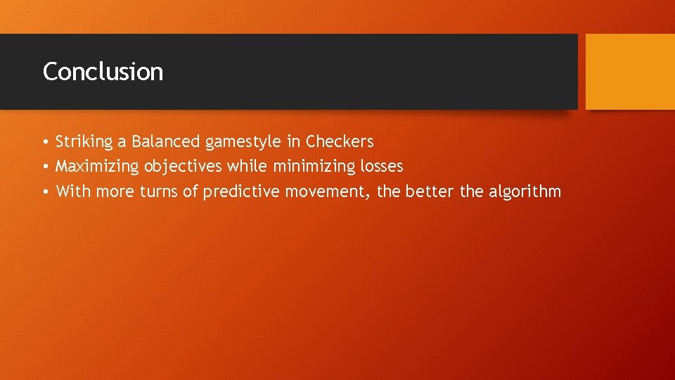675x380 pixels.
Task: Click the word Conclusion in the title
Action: point(103,72)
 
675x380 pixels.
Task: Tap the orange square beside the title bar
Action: point(630,72)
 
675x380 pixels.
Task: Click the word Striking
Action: point(84,142)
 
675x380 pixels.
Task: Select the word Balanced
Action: point(166,142)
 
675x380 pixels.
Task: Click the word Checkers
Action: point(340,142)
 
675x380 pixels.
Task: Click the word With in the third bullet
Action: point(73,191)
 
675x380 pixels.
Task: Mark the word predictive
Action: point(241,192)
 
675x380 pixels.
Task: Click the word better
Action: point(430,191)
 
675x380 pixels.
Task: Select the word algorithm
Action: point(526,192)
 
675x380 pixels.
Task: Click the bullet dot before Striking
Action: point(44,143)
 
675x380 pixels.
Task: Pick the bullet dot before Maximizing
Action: point(44,167)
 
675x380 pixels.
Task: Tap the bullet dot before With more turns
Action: point(44,192)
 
